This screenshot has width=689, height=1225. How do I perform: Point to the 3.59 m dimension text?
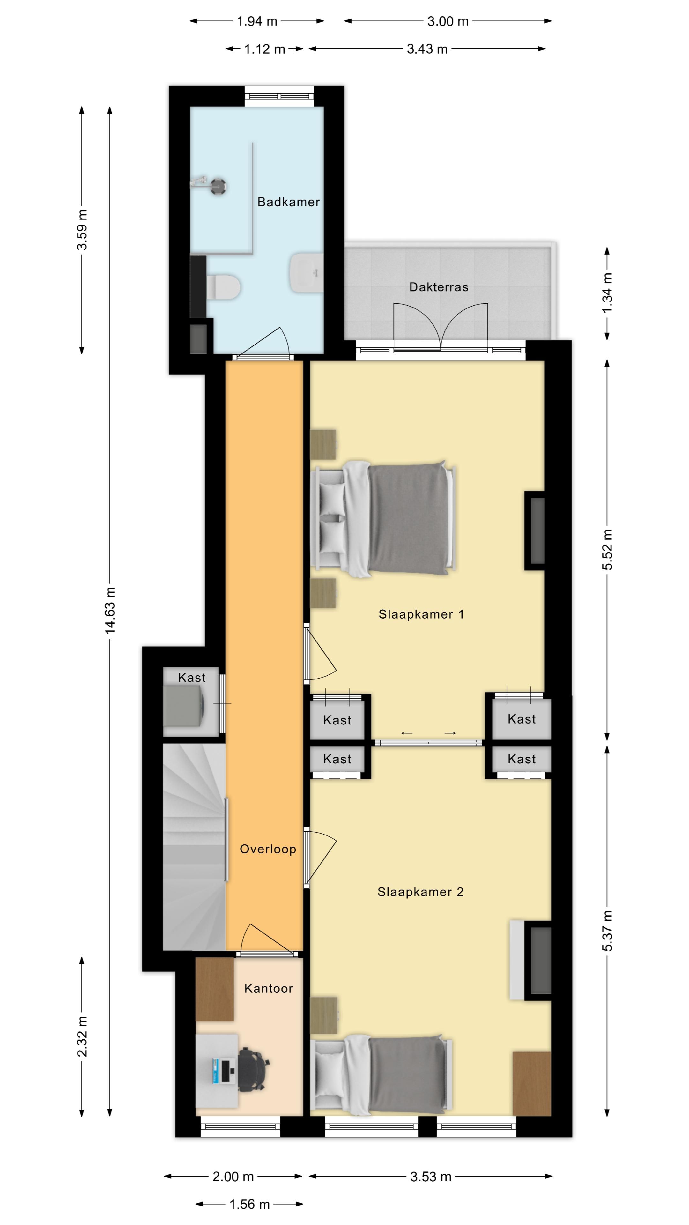click(x=82, y=229)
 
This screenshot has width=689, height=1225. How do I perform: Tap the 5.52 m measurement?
click(x=607, y=550)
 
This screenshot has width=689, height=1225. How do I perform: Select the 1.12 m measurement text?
click(x=264, y=49)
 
